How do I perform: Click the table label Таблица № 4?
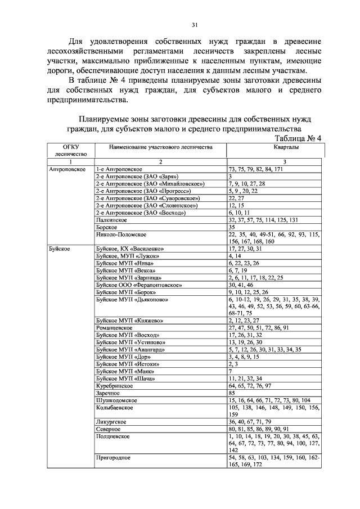click(x=296, y=139)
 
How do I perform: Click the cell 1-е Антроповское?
click(x=120, y=169)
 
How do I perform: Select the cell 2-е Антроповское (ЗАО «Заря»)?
click(x=133, y=176)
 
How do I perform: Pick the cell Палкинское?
click(x=110, y=220)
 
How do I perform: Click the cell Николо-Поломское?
click(x=121, y=235)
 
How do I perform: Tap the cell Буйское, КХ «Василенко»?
click(x=129, y=248)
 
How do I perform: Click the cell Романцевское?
click(x=114, y=327)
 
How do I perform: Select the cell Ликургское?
click(x=111, y=421)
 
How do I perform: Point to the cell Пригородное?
click(x=113, y=458)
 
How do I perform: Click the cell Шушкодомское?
click(x=116, y=400)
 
